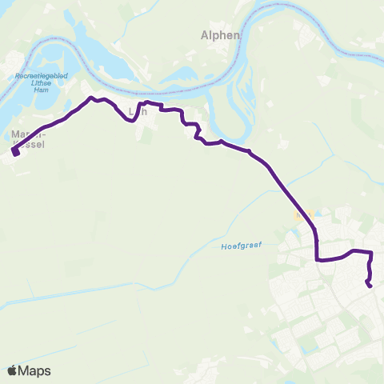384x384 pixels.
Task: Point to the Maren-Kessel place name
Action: [30, 138]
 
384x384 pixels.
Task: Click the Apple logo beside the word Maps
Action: [12, 370]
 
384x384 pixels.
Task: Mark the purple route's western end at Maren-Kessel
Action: [14, 152]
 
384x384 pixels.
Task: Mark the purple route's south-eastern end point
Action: [370, 285]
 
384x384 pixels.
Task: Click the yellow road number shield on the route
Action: [302, 216]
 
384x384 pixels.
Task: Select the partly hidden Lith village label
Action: [138, 113]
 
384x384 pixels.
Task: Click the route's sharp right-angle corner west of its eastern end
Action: [318, 259]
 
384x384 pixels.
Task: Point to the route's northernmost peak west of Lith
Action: [90, 98]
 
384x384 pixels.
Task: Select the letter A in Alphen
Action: [203, 35]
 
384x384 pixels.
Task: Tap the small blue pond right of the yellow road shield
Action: [317, 213]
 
